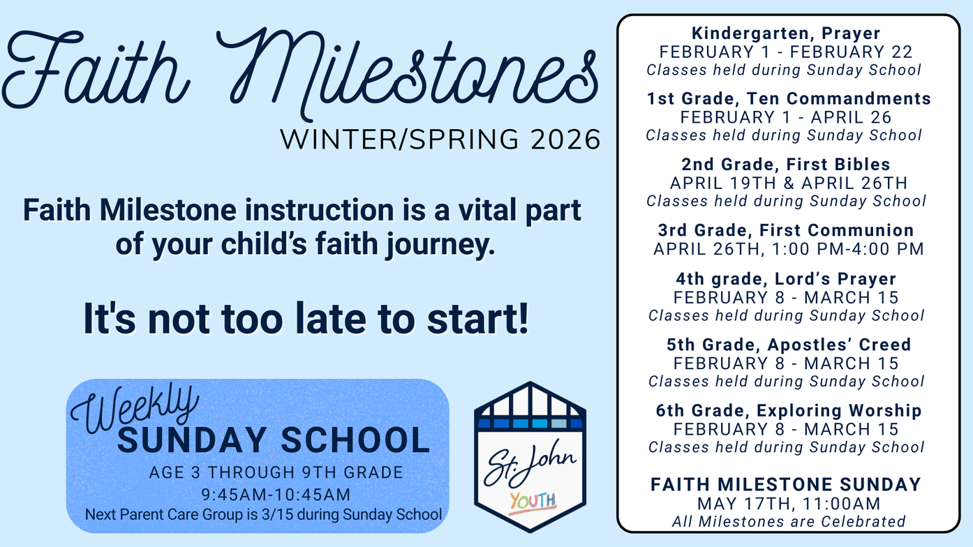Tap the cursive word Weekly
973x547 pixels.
click(135, 409)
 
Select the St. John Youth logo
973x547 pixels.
click(530, 457)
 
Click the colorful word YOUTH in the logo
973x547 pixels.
click(533, 502)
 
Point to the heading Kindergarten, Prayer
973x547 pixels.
click(786, 33)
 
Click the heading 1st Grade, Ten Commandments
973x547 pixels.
click(789, 98)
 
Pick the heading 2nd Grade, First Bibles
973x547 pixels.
click(786, 165)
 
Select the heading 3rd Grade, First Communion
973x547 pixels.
click(786, 230)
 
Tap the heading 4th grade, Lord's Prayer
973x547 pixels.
click(786, 278)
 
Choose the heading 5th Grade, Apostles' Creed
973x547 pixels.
click(789, 345)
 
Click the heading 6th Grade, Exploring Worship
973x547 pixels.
click(789, 410)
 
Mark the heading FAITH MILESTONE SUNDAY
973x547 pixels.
click(786, 484)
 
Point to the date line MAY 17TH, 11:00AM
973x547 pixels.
click(789, 504)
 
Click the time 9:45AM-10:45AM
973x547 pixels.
click(276, 495)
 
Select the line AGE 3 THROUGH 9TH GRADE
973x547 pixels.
click(276, 472)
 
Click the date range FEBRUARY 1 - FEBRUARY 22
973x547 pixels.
click(786, 52)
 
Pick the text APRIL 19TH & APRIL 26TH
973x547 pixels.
click(789, 183)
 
